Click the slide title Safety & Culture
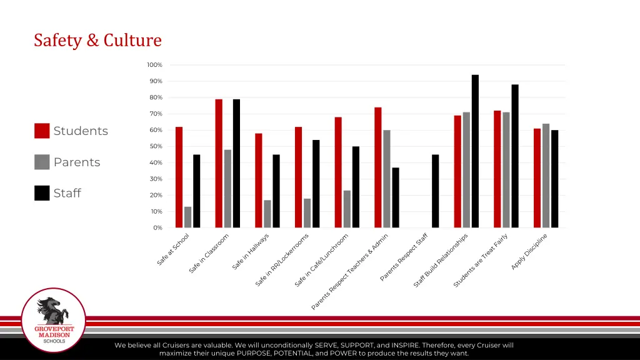tap(97, 41)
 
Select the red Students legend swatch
tap(42, 131)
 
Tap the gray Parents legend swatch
tap(42, 162)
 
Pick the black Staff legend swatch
tap(42, 193)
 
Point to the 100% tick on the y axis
tap(154, 65)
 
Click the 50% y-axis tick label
tap(155, 146)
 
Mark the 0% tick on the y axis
tap(157, 227)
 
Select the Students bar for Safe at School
tap(179, 177)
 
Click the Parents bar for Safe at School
tap(187, 217)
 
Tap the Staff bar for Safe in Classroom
tap(236, 164)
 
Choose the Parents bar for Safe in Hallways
tap(267, 214)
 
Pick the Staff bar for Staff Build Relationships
tap(475, 151)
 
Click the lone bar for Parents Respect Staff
tap(435, 191)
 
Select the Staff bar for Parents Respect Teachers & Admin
tap(396, 197)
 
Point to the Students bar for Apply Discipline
tap(537, 178)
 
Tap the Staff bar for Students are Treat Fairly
tap(515, 156)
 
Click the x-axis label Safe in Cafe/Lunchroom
tap(322, 261)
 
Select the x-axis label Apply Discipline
tap(529, 251)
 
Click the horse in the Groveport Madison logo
tap(52, 309)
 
